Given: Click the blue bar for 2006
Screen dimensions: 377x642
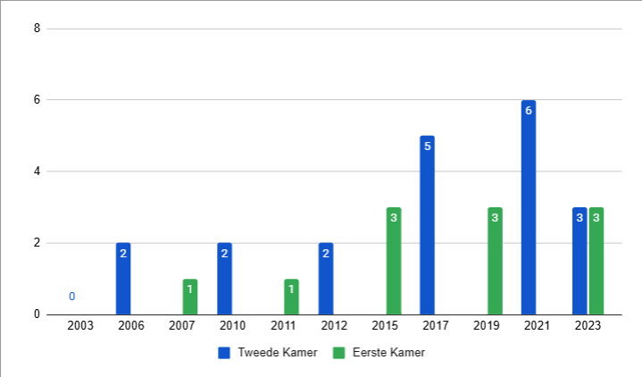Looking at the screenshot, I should click(x=123, y=279).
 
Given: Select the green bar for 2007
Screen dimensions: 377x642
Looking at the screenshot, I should click(x=190, y=297).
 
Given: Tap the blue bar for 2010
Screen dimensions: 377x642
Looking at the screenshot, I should click(x=224, y=279).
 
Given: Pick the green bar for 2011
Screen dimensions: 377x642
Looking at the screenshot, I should click(x=292, y=297).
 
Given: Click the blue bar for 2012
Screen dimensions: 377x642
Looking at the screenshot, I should click(x=326, y=279).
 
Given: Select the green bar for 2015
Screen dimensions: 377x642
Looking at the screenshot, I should click(x=394, y=261).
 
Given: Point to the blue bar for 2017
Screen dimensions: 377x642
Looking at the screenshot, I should click(x=427, y=225).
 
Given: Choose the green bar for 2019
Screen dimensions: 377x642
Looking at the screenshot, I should click(x=495, y=261).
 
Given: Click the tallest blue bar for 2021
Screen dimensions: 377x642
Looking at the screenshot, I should click(x=529, y=207).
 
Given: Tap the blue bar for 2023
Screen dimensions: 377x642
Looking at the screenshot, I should click(x=579, y=261).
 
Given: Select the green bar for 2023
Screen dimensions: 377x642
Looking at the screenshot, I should click(x=596, y=261).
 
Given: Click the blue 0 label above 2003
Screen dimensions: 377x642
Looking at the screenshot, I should click(x=71, y=297).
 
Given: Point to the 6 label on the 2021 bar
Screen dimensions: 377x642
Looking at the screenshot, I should click(x=529, y=111).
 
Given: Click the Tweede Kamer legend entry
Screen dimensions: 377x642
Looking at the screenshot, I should click(x=268, y=353).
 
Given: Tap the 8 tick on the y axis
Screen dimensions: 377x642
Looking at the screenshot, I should click(x=37, y=29).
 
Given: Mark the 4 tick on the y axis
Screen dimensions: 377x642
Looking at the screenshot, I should click(x=37, y=172).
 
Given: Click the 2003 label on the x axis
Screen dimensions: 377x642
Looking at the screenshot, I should click(x=80, y=327).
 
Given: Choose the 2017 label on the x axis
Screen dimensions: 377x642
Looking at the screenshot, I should click(x=436, y=327).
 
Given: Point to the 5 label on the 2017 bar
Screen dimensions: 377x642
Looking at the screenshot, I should click(x=427, y=147).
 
